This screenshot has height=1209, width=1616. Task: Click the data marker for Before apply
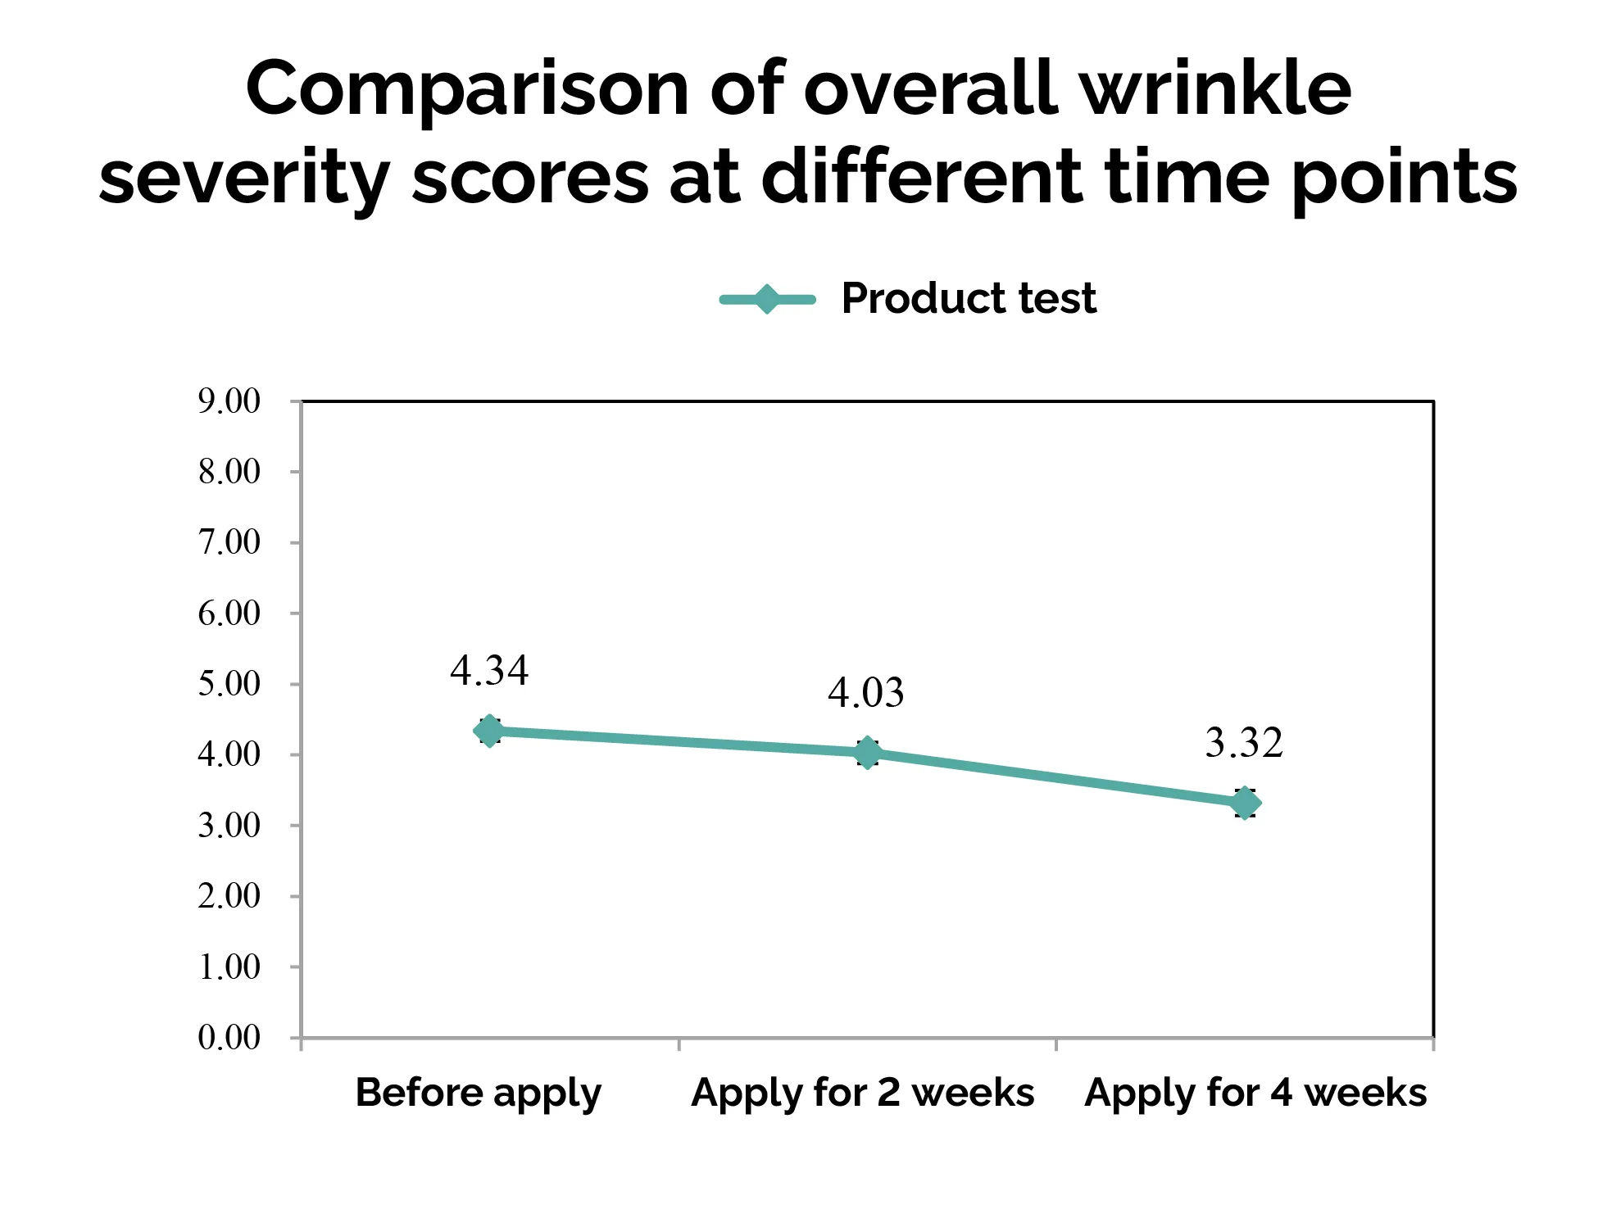coord(489,731)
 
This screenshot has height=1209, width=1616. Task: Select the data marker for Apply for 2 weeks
coord(867,752)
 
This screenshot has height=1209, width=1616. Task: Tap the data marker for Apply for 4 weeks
coord(1245,803)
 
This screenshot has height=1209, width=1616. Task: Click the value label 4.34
coord(489,671)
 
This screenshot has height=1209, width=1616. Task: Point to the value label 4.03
coord(865,693)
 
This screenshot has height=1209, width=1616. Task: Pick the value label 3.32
coord(1243,743)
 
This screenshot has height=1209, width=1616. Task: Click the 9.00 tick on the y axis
coord(229,401)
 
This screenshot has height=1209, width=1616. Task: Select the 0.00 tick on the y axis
coord(229,1038)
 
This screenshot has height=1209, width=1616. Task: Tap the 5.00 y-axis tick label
coord(229,684)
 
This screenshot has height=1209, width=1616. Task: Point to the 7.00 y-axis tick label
coord(229,542)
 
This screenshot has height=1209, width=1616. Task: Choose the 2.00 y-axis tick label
coord(229,896)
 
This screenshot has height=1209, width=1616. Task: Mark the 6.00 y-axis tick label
coord(229,614)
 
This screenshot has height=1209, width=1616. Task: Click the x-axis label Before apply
coord(478,1094)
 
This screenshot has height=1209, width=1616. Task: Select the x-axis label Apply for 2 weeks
coord(862,1093)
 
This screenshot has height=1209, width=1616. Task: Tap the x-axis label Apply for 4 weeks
coord(1255,1093)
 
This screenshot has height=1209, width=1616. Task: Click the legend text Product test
coord(969,298)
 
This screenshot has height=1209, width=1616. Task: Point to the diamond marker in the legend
coord(767,299)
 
